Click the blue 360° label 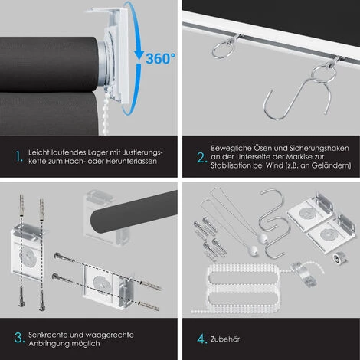pos(160,58)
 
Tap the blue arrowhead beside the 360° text pos(139,54)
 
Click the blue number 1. pos(19,156)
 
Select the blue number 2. pos(201,158)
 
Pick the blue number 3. pos(19,338)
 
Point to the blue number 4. pos(201,339)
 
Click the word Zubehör pos(225,339)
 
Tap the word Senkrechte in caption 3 pos(47,335)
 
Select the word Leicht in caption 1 pos(39,152)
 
